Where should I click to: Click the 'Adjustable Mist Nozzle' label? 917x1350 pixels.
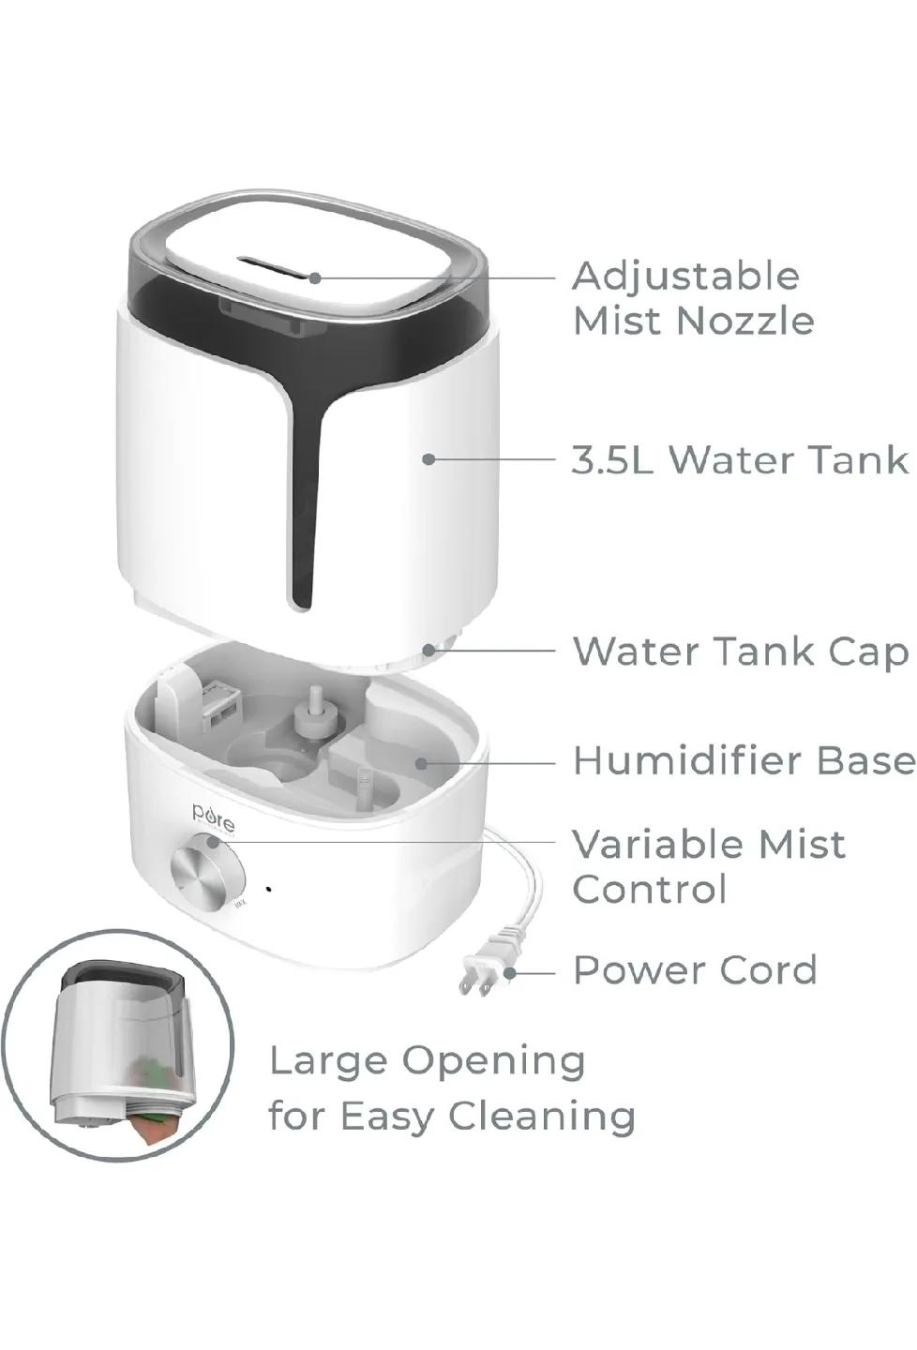point(693,298)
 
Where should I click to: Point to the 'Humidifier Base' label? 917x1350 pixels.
point(744,760)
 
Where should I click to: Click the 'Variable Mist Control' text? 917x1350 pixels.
point(709,866)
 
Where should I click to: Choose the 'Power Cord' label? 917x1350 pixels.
point(695,970)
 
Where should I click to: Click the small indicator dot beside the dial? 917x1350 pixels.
point(270,888)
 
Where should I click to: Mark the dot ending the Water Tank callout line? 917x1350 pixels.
point(428,459)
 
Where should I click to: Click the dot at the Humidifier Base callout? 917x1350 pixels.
point(422,762)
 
